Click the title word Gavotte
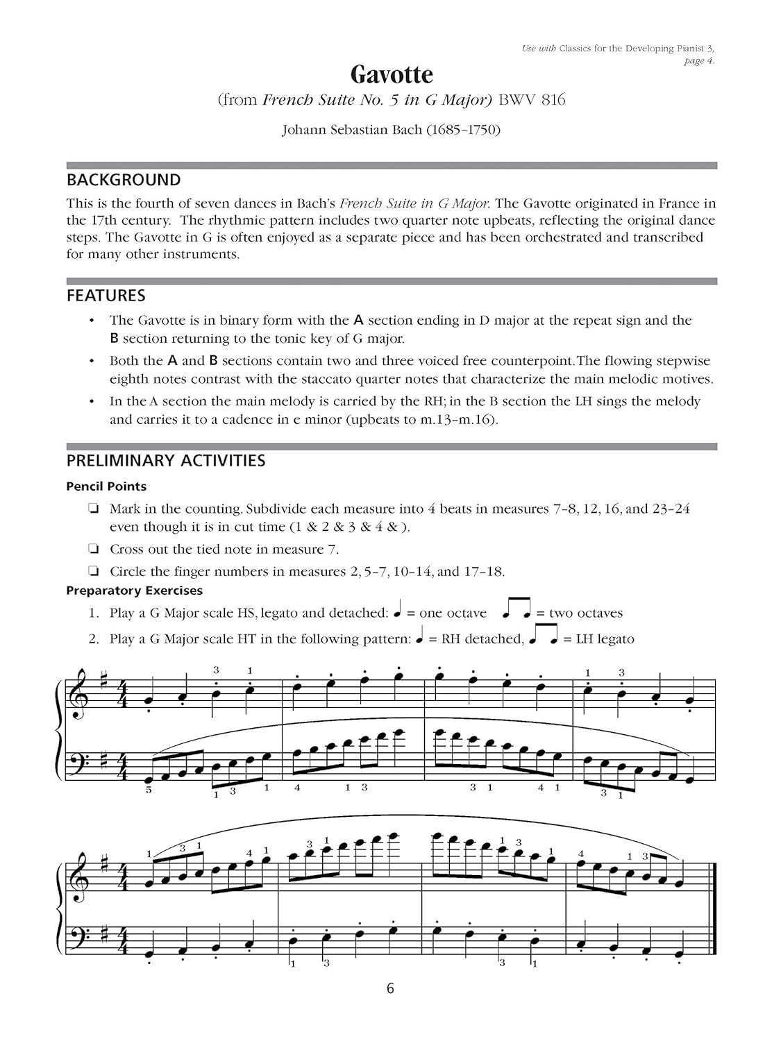[391, 74]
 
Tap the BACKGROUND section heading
[124, 180]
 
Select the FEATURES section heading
[106, 296]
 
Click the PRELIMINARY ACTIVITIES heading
[166, 461]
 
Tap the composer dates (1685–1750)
[462, 130]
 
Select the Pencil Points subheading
[106, 486]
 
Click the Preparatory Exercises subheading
[135, 591]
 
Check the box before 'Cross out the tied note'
[92, 550]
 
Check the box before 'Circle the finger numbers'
[92, 572]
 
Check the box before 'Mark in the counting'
[92, 509]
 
